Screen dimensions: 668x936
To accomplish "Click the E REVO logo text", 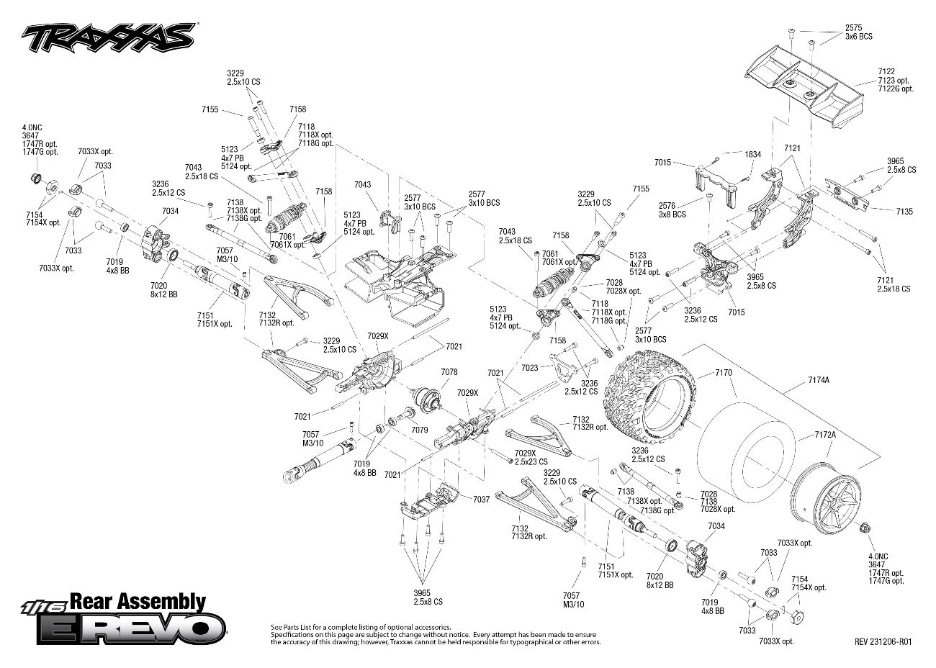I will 130,628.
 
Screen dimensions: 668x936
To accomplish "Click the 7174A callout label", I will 818,379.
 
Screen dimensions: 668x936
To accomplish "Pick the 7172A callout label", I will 825,435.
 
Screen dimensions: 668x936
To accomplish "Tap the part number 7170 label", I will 723,373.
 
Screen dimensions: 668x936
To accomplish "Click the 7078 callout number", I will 449,372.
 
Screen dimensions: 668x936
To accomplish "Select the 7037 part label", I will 481,499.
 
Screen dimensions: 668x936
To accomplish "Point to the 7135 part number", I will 904,212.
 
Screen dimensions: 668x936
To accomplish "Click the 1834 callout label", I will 752,154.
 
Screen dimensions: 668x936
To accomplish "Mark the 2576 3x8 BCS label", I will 672,209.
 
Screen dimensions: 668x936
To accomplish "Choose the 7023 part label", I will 529,367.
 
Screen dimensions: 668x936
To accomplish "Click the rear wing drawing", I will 799,86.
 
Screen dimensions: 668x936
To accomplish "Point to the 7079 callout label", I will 420,430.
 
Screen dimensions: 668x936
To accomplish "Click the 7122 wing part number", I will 886,71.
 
